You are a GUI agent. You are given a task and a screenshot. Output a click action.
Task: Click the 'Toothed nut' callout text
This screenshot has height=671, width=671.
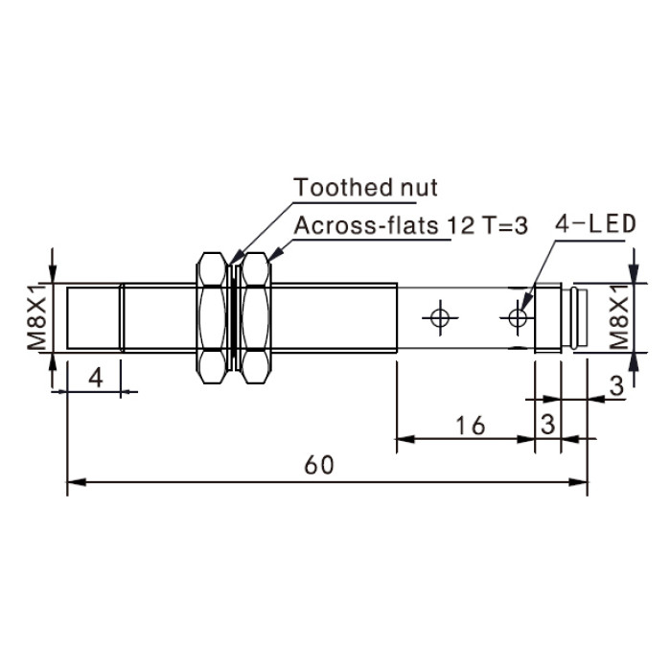click(x=365, y=188)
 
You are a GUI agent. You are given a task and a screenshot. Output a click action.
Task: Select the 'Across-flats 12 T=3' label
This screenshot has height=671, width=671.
click(x=411, y=225)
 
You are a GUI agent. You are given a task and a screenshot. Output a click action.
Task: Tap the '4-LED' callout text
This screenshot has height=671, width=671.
click(x=595, y=223)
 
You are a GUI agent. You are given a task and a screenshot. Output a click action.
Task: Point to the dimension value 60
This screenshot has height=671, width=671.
click(x=319, y=465)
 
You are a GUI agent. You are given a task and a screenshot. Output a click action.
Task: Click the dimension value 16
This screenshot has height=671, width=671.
click(x=471, y=426)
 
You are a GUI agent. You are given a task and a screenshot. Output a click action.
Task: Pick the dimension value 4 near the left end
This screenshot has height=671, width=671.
click(x=96, y=378)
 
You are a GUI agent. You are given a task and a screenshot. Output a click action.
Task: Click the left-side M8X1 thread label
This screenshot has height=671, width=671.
click(x=36, y=317)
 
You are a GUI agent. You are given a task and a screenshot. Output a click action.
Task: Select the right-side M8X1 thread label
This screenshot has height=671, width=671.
click(x=618, y=317)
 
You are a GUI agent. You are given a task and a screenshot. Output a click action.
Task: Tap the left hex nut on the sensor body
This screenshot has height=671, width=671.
click(x=212, y=317)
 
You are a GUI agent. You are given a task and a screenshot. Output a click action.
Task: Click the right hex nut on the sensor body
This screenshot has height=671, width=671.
click(x=256, y=317)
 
